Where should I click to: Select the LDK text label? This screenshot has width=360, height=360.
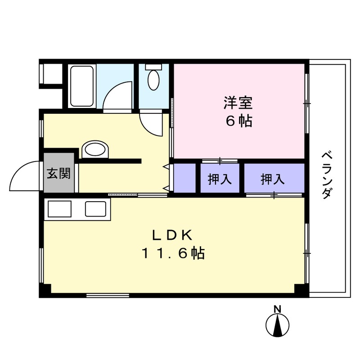(x=172, y=235)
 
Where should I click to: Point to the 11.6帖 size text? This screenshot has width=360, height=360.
(x=174, y=254)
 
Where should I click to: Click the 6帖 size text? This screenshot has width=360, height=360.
(x=238, y=121)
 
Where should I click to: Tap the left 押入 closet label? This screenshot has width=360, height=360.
(x=220, y=180)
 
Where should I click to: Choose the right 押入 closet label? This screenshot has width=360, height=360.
(x=273, y=180)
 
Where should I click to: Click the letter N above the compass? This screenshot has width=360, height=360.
(x=278, y=309)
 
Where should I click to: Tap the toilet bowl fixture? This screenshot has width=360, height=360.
(x=153, y=81)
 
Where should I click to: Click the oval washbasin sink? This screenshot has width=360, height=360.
(x=95, y=150)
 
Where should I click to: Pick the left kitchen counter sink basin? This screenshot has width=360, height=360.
(x=60, y=209)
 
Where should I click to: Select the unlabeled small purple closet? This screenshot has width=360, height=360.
(x=185, y=178)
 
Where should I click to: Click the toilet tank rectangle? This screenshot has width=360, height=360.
(x=153, y=67)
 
